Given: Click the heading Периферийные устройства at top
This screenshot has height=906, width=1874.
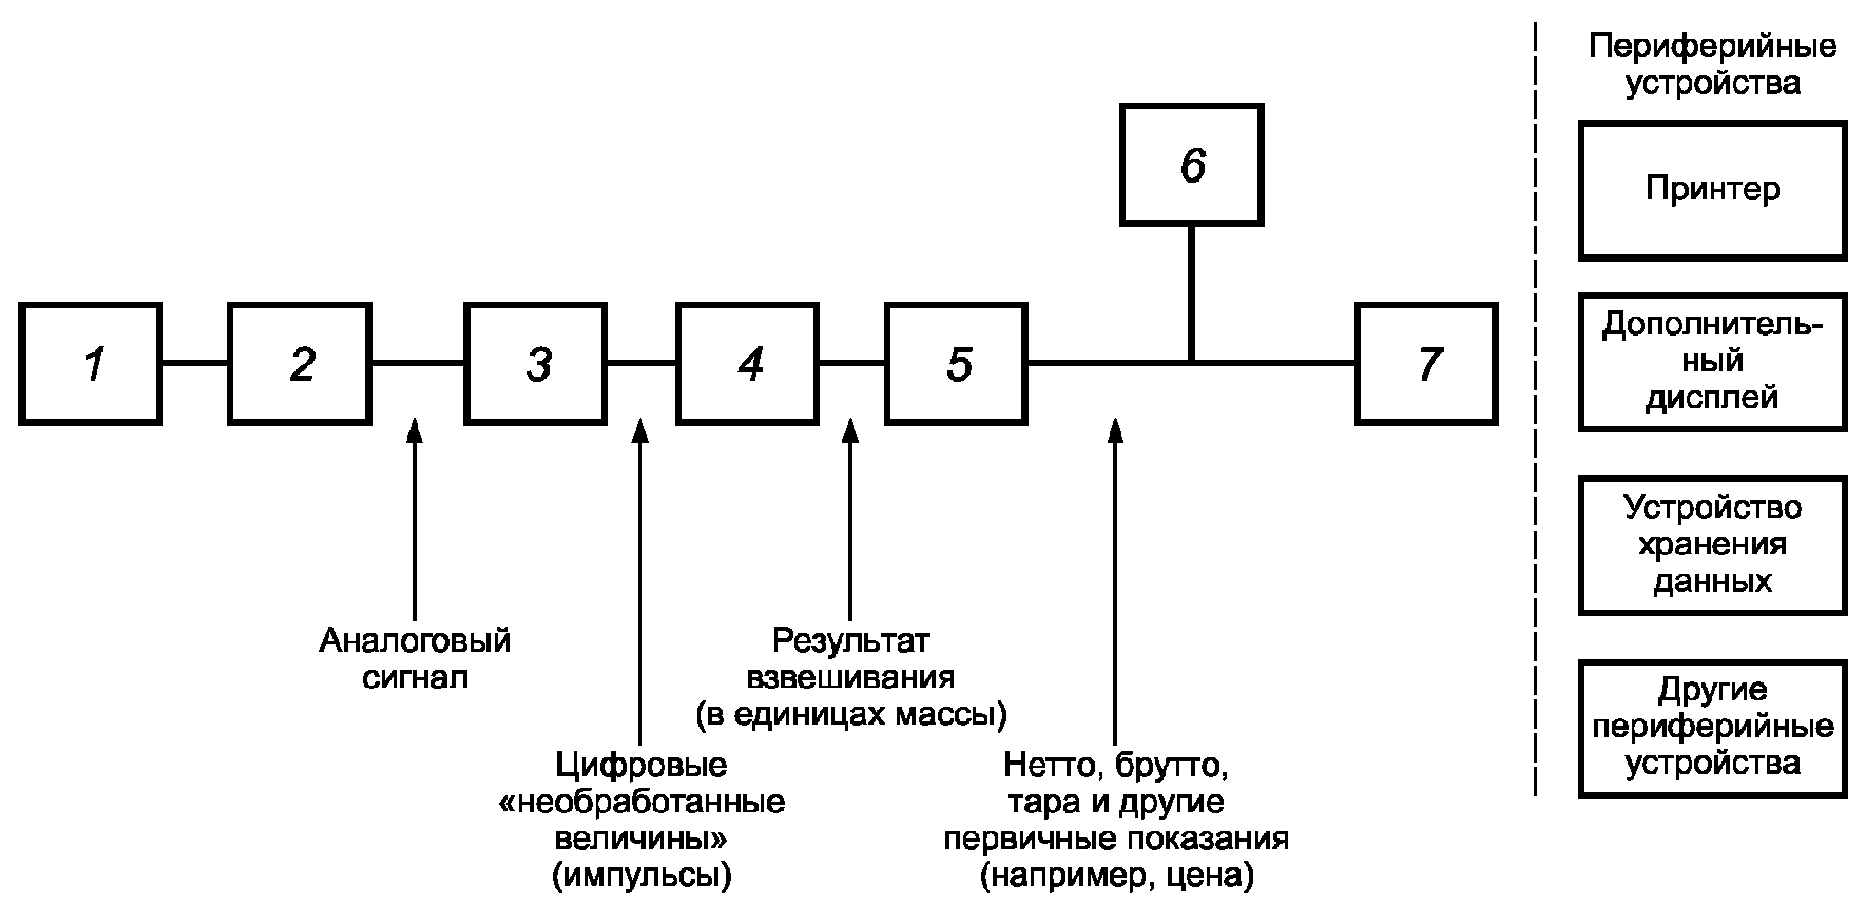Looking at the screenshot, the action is click(x=1712, y=64).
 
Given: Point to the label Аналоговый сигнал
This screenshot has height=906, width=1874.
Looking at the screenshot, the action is click(x=415, y=658).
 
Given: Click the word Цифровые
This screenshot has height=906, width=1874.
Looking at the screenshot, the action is click(x=641, y=764).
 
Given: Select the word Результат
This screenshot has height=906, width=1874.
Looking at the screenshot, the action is click(x=851, y=640).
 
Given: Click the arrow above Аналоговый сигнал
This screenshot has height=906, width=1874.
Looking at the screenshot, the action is click(x=415, y=519).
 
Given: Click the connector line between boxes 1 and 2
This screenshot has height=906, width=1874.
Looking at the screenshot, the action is click(x=195, y=364).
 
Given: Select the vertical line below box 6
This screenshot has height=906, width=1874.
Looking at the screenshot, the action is click(x=1191, y=293).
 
